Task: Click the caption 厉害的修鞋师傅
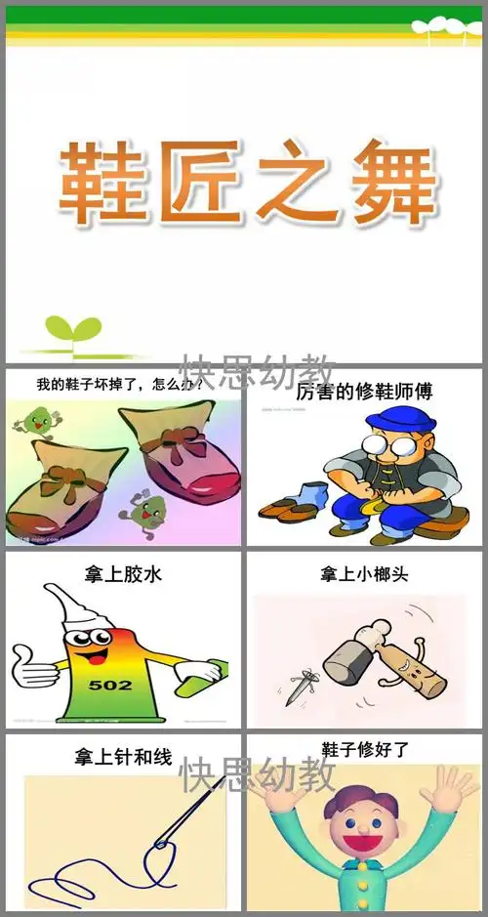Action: click(x=363, y=392)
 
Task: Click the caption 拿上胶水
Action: click(x=124, y=574)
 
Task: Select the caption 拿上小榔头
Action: click(x=364, y=574)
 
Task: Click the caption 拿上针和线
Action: click(x=123, y=757)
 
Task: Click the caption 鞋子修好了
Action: click(x=365, y=750)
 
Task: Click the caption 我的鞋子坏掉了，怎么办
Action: click(x=119, y=384)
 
